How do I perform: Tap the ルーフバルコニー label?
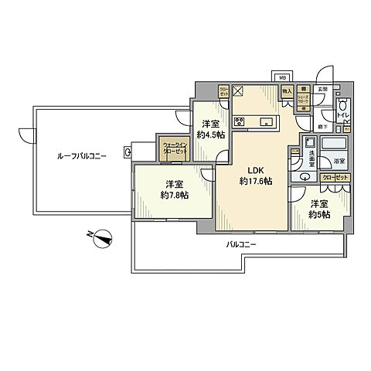click(x=81, y=155)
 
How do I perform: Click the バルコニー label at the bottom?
click(x=241, y=244)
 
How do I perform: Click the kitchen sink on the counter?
click(x=266, y=121)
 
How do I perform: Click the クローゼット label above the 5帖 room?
click(x=337, y=179)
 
